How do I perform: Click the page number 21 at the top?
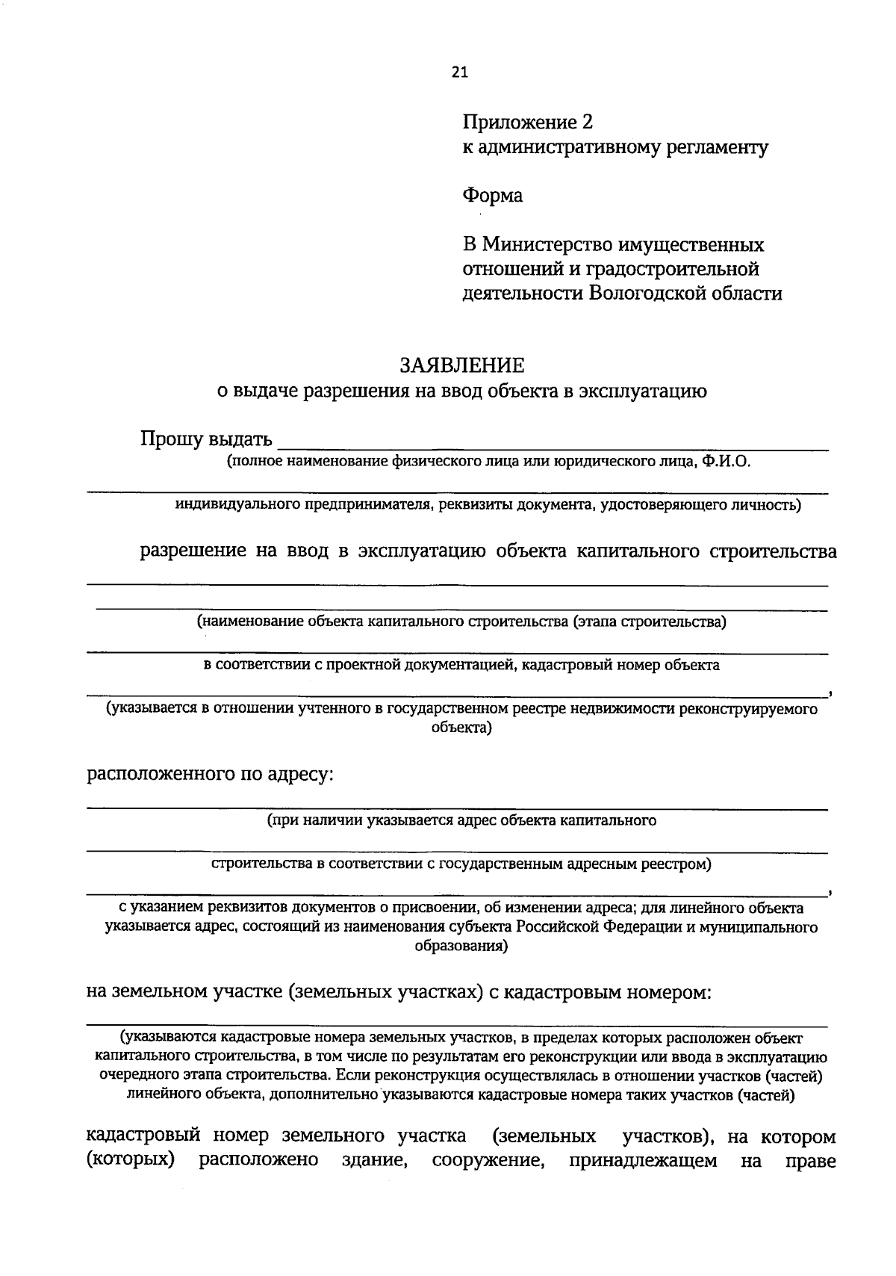point(459,72)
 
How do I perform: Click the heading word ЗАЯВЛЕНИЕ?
point(462,365)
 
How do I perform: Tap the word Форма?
point(492,196)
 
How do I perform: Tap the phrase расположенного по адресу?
point(210,774)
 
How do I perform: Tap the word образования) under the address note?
point(461,946)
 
